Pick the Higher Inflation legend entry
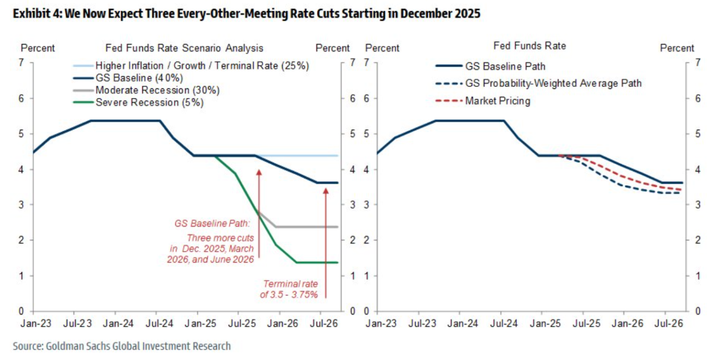[x=201, y=65]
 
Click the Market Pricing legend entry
[x=497, y=101]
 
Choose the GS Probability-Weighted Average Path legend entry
[x=553, y=83]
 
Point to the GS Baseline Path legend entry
[x=505, y=66]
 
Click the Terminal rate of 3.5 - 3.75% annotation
[x=289, y=289]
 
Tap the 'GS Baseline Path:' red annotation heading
[x=212, y=224]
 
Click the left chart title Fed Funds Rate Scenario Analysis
[x=184, y=48]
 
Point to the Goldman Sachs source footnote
[x=122, y=346]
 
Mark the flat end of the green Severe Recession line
[x=317, y=262]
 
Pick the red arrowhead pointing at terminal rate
[x=325, y=191]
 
